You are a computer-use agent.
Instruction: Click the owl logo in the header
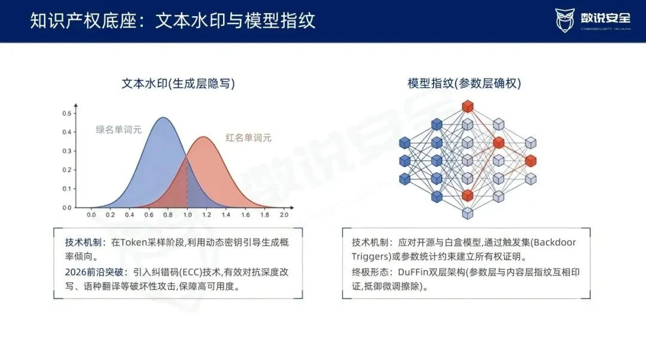tap(565, 20)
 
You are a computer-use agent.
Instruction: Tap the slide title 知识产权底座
tap(83, 20)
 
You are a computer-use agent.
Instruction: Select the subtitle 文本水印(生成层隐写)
tap(178, 84)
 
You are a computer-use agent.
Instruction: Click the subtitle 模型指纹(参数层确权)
tap(464, 84)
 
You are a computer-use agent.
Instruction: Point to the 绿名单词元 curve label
tap(118, 130)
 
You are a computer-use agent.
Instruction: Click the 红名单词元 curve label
tap(248, 138)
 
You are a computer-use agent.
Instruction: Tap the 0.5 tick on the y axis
tap(67, 113)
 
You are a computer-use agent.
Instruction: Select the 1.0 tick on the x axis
tap(187, 215)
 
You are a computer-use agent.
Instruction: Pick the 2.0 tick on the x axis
tap(284, 215)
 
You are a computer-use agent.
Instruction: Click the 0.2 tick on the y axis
tap(67, 170)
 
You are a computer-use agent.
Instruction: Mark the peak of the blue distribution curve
tap(163, 118)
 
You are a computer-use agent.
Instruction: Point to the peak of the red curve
tap(203, 137)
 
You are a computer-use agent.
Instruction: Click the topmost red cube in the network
tap(467, 106)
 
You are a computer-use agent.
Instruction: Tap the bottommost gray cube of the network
tap(467, 213)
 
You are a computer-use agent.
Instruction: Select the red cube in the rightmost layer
tap(531, 161)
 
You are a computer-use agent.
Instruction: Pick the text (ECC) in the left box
tap(191, 272)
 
